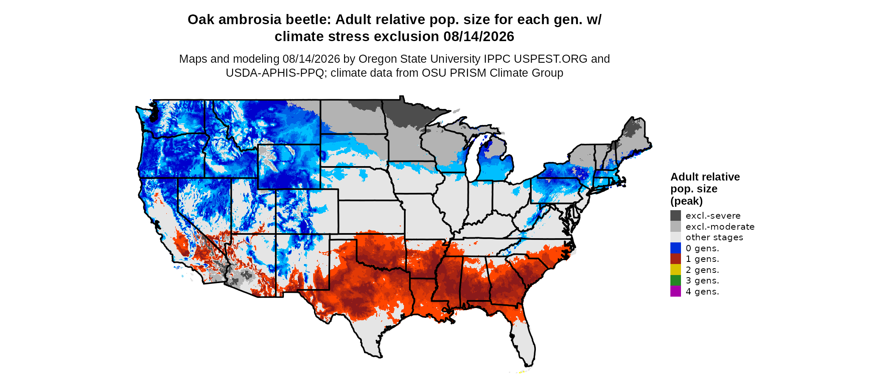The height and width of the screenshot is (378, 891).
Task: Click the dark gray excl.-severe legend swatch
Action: point(675,215)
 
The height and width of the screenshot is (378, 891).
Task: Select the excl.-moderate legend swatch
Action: point(675,226)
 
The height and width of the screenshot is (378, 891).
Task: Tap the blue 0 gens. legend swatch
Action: point(675,248)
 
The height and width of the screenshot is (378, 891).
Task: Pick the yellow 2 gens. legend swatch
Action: point(675,270)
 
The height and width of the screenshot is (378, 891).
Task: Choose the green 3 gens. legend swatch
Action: point(675,280)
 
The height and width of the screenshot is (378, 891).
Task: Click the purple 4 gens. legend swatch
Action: point(675,291)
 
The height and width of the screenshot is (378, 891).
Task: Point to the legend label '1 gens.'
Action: point(702,259)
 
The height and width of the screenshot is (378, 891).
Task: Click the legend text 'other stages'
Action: point(714,237)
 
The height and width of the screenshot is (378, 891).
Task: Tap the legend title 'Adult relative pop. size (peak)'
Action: point(705,189)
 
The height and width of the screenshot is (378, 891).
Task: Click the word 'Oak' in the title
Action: point(199,20)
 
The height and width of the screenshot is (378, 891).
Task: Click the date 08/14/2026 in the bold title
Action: point(479,37)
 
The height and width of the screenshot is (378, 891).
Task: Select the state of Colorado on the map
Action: point(307,211)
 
